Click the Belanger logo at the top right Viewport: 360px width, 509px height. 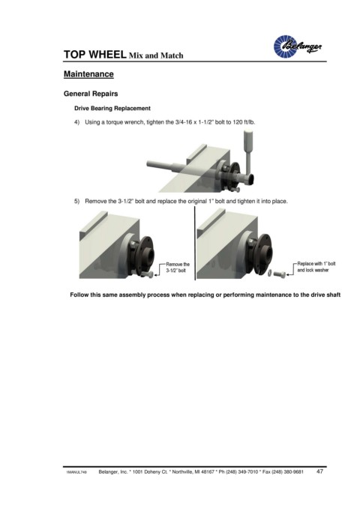[298, 46]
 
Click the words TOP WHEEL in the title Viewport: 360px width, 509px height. [94, 55]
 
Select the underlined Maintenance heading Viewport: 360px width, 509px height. [88, 74]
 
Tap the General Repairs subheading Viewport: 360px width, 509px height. [91, 94]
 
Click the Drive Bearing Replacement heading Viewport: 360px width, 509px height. [112, 109]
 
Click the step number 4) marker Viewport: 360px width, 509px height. [77, 122]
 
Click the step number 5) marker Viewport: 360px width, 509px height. [77, 201]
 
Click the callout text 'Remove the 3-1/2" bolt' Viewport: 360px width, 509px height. [178, 268]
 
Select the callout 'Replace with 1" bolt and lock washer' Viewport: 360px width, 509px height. [316, 267]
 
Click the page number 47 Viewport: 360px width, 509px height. [319, 472]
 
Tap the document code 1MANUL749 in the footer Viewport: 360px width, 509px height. [76, 472]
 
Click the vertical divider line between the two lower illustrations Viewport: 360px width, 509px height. [195, 243]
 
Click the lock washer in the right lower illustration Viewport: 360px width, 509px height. [271, 274]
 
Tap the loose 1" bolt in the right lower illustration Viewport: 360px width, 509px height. [280, 274]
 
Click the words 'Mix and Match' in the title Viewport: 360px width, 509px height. [156, 55]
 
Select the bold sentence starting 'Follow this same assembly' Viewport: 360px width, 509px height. [205, 295]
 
